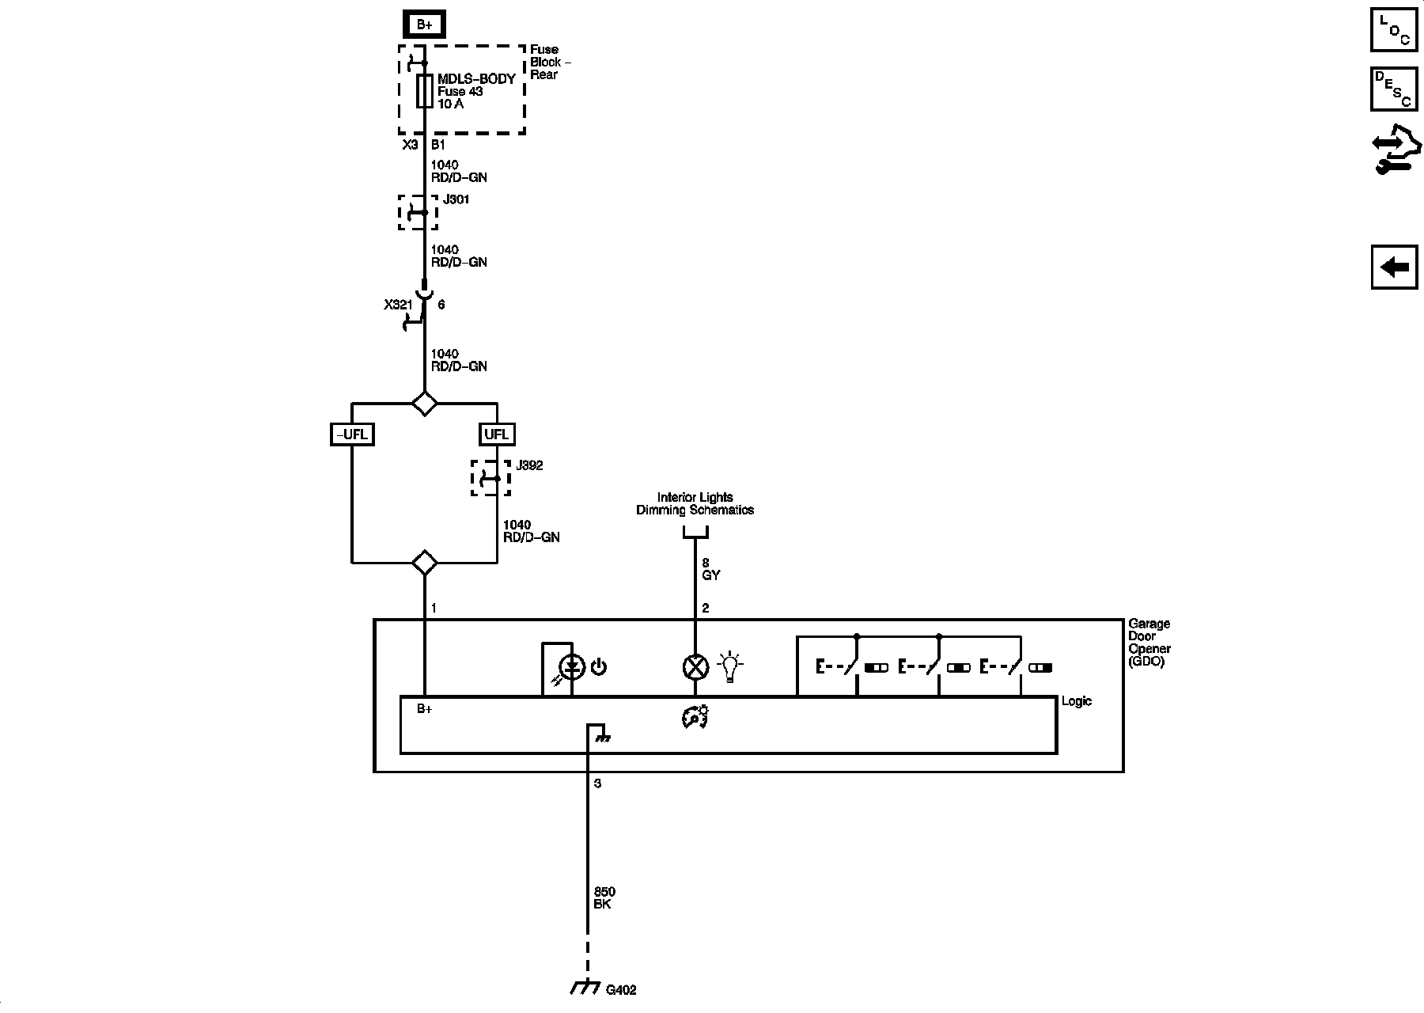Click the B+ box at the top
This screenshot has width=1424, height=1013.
coord(425,25)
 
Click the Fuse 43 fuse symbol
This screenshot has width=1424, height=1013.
coord(425,91)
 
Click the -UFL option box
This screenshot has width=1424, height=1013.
coord(352,434)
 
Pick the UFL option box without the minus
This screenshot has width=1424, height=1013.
coord(497,434)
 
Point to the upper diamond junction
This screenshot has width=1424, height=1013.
coord(425,403)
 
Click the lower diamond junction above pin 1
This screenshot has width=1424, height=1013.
coord(425,563)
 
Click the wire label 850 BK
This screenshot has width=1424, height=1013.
coord(604,897)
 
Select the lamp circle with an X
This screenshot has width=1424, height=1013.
coord(695,667)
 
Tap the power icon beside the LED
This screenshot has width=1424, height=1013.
coord(599,667)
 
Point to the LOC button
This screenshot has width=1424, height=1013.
coord(1394,29)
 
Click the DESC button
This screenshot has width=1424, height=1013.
coord(1394,89)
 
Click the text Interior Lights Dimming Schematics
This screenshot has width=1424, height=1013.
coord(695,503)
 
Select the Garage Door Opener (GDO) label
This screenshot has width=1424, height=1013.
coord(1149,642)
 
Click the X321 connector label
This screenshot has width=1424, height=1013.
coord(398,304)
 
